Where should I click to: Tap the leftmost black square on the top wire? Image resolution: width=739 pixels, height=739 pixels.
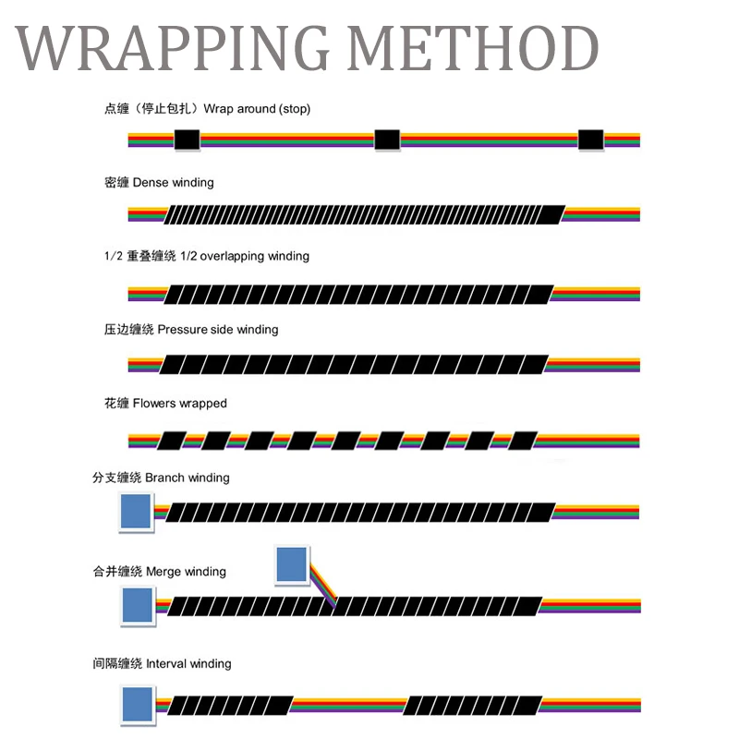click(x=188, y=140)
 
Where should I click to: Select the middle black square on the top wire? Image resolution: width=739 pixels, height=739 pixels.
click(x=387, y=140)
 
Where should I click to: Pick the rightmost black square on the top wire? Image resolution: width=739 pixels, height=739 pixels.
click(x=590, y=140)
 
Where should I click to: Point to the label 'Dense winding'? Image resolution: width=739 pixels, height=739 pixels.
click(x=173, y=183)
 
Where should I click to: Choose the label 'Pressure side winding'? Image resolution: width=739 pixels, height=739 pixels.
click(x=217, y=330)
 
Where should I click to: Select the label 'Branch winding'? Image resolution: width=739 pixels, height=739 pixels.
click(x=188, y=479)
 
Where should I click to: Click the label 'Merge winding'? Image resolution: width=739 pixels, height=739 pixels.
click(x=186, y=572)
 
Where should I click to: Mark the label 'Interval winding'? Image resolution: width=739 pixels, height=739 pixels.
click(x=188, y=664)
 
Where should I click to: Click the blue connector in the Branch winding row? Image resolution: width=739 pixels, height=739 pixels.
click(x=136, y=513)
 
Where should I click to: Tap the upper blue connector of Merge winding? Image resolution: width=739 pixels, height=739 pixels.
click(x=292, y=564)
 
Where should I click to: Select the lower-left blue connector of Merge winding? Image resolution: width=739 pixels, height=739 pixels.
click(x=138, y=605)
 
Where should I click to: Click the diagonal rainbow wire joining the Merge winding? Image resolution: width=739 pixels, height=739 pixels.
click(x=321, y=583)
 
